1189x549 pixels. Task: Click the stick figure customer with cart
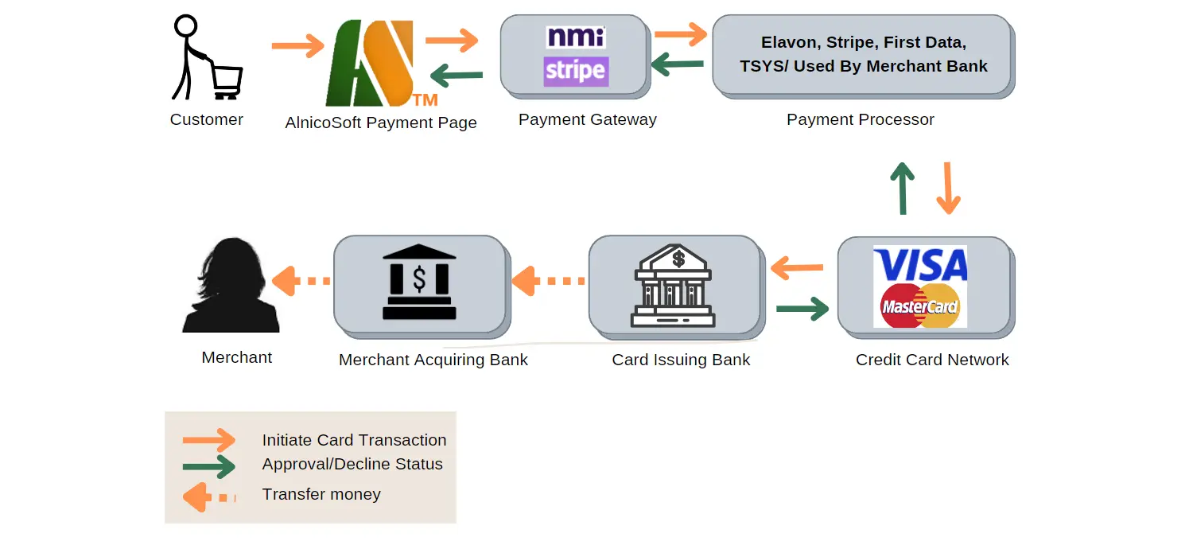tap(205, 59)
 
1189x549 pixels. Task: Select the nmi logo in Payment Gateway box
tap(576, 37)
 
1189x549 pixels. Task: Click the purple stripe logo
tap(576, 71)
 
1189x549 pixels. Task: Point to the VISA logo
tap(920, 265)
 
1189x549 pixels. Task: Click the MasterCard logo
tap(920, 306)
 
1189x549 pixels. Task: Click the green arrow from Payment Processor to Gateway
tap(678, 64)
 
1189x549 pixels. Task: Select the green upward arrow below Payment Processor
tap(902, 188)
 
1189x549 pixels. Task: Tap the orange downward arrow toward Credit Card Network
tap(948, 188)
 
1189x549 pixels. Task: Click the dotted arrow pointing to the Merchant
tap(301, 281)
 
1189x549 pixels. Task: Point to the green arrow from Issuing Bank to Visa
tap(802, 308)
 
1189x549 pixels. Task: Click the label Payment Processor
tap(860, 120)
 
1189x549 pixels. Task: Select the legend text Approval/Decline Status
tap(352, 465)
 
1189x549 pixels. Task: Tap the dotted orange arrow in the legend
tap(209, 497)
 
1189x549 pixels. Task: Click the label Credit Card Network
tap(932, 360)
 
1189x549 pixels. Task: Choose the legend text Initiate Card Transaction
tap(354, 440)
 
